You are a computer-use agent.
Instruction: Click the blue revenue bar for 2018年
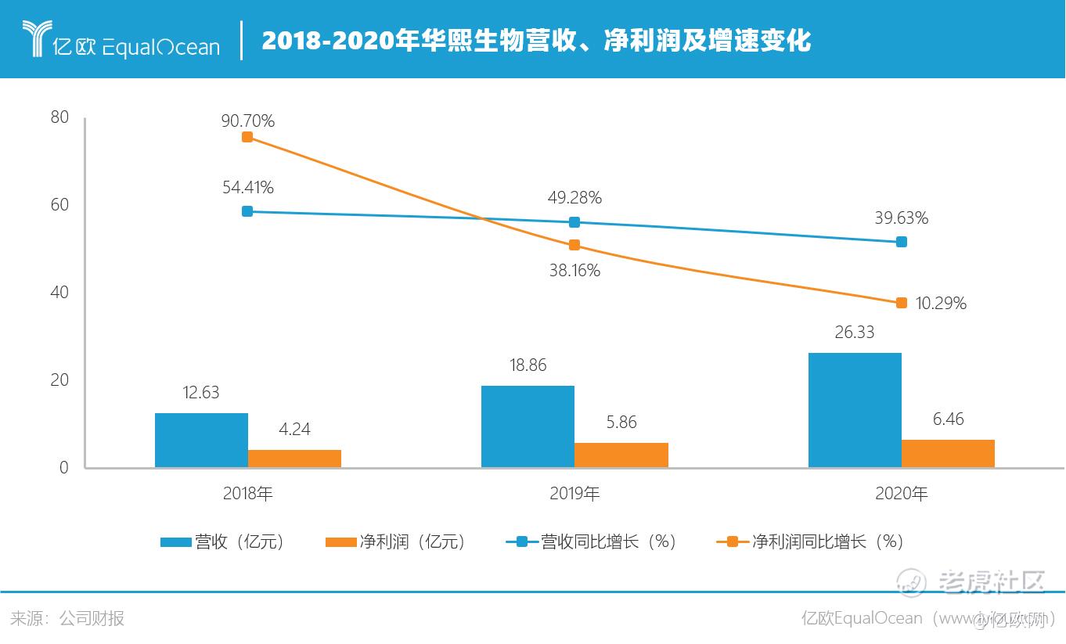coord(201,440)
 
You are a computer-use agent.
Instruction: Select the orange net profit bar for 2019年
coord(621,455)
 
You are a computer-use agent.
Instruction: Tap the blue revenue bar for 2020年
coord(854,410)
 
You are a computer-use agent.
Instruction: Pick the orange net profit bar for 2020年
coord(948,453)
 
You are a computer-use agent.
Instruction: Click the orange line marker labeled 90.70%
coord(247,137)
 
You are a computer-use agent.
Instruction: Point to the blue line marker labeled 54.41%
coord(247,211)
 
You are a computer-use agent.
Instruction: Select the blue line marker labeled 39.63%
coord(901,242)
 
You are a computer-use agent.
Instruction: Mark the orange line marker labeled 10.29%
coord(901,303)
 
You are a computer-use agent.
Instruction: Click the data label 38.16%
coord(574,271)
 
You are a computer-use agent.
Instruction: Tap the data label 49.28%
coord(575,197)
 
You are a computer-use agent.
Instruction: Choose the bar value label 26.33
coord(854,333)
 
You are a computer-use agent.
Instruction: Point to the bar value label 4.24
coord(294,430)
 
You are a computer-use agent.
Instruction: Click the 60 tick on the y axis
coord(59,205)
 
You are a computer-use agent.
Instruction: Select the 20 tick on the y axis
coord(59,380)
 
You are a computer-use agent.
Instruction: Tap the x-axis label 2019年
coord(574,494)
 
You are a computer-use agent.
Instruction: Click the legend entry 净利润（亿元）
coord(394,541)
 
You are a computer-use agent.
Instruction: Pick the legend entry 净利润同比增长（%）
coord(810,541)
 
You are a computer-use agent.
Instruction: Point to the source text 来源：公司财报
coord(67,618)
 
